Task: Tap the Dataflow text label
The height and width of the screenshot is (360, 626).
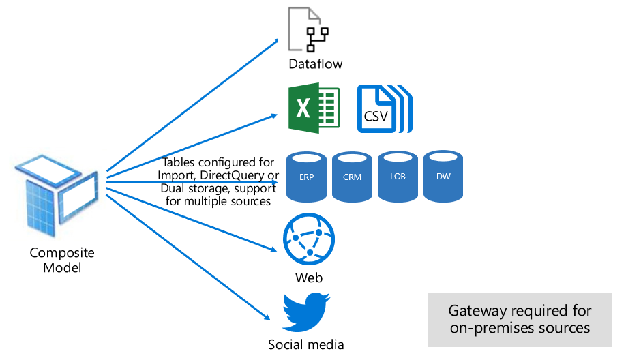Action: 315,65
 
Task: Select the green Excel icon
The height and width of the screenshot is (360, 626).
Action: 314,108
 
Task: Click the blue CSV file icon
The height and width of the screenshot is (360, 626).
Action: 385,108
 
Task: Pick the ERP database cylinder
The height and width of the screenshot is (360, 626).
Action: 307,177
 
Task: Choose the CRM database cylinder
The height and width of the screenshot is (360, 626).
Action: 352,177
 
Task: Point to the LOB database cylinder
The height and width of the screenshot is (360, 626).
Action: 398,176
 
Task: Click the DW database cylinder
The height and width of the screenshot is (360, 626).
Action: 443,176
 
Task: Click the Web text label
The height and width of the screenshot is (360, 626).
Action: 308,277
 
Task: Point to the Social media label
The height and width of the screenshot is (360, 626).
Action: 302,344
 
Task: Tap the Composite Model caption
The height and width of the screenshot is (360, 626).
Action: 62,260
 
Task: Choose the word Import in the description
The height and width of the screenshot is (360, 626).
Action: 175,175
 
